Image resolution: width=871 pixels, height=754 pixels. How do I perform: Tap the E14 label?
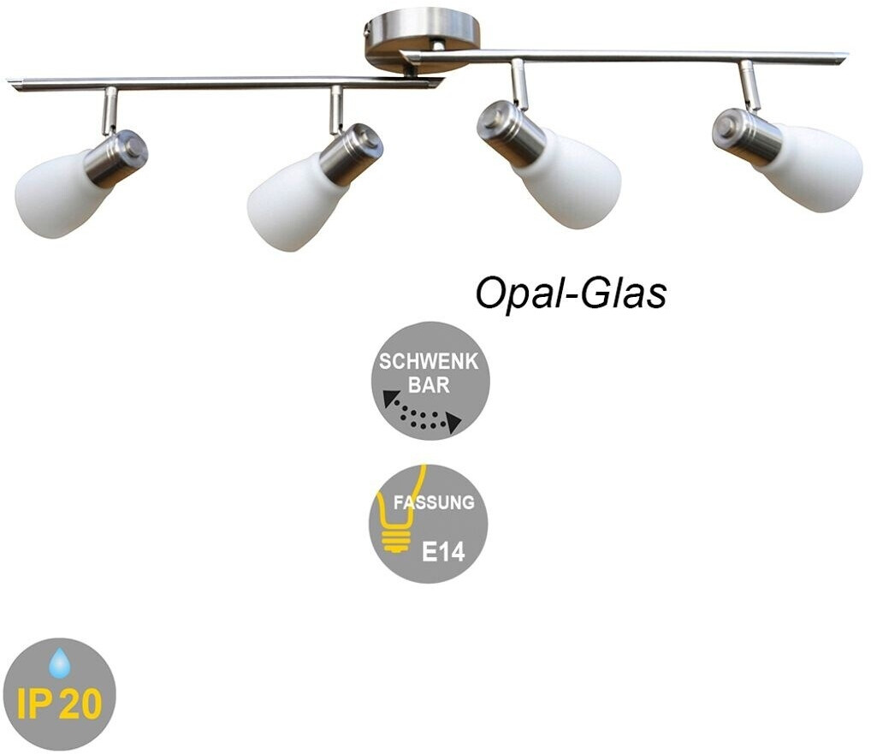443,551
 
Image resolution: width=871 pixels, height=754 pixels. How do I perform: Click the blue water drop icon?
59,663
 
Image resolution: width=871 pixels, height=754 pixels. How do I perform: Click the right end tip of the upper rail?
844,57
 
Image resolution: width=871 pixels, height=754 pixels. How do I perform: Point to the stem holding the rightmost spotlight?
750,86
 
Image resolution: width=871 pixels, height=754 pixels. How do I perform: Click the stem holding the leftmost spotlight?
110,110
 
